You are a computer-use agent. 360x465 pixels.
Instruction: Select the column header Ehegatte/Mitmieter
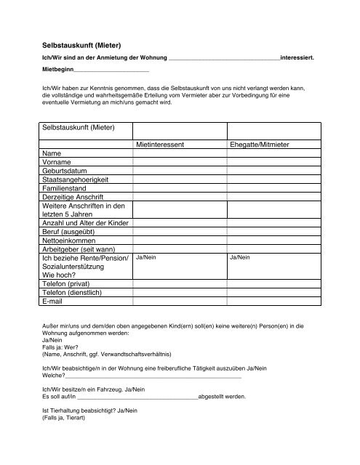coord(259,145)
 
